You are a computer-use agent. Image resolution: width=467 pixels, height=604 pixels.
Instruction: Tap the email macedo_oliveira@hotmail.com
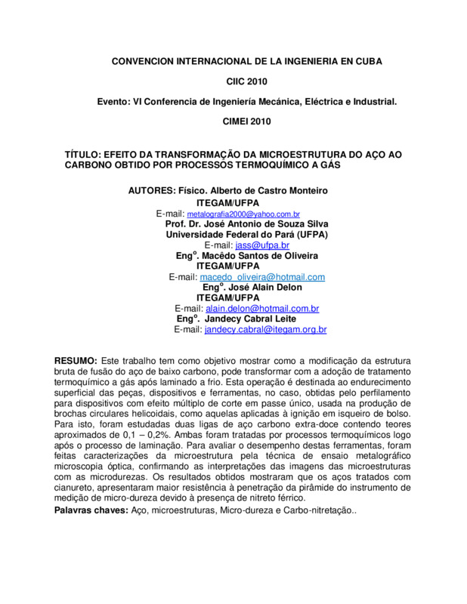(x=262, y=277)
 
